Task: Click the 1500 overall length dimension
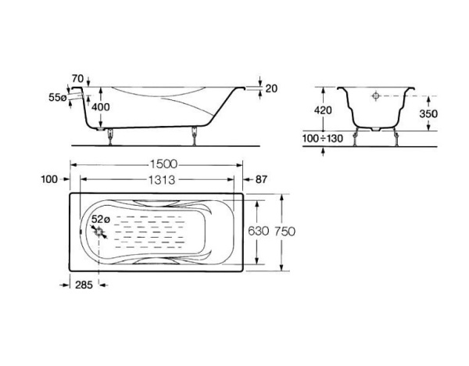click(x=163, y=164)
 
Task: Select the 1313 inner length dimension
click(x=162, y=180)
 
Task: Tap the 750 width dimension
click(x=285, y=231)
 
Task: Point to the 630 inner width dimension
click(x=259, y=231)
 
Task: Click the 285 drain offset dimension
click(x=84, y=285)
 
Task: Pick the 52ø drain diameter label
click(x=101, y=219)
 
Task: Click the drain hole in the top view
click(x=99, y=231)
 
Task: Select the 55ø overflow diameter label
click(x=57, y=97)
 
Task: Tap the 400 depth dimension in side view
click(x=101, y=107)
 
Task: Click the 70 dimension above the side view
click(x=77, y=79)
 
